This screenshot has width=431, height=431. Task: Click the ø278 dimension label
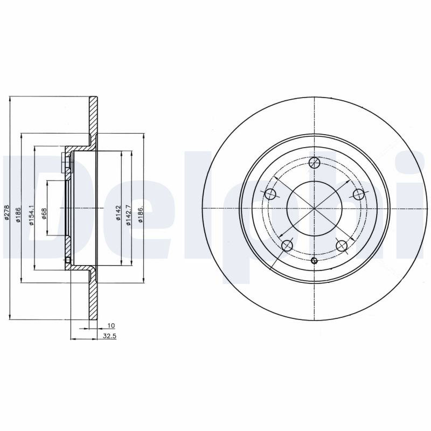coord(7,212)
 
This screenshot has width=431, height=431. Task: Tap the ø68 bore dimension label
coord(44,213)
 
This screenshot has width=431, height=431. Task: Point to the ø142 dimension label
coord(119,213)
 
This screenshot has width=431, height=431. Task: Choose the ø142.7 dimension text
coord(129,215)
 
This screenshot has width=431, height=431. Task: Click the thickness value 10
coord(111,326)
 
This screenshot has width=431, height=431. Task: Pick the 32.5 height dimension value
coord(110,336)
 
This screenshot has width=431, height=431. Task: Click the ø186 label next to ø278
coord(18,214)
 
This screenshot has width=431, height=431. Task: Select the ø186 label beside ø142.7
coord(141,214)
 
